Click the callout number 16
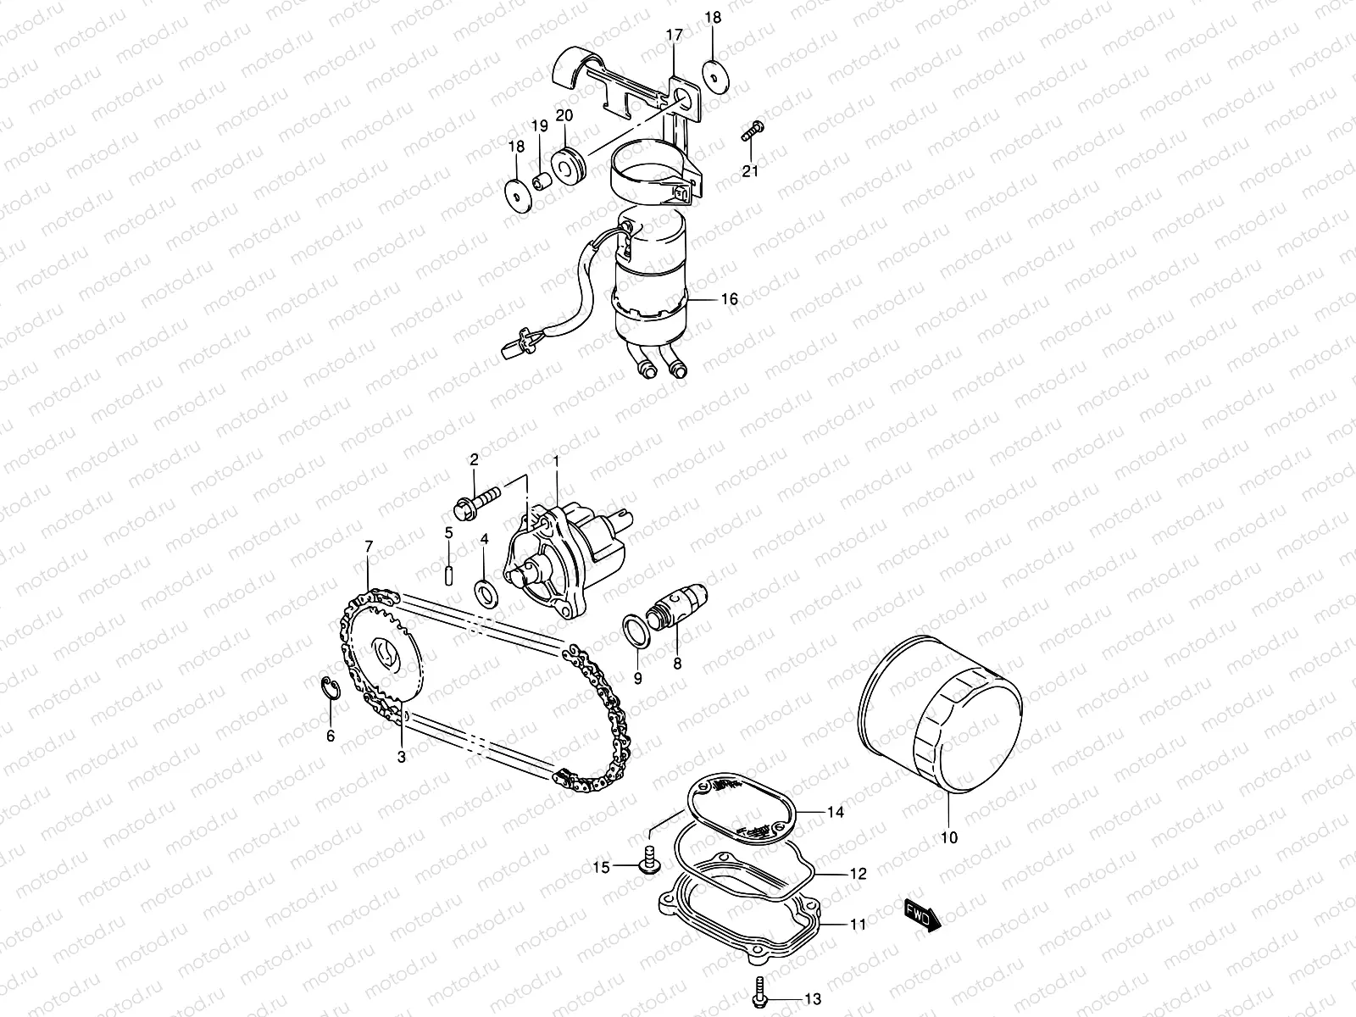(729, 299)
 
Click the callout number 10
(948, 837)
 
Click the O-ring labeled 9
(635, 631)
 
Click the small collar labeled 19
(540, 181)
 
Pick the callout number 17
(674, 36)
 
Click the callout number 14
(836, 812)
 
